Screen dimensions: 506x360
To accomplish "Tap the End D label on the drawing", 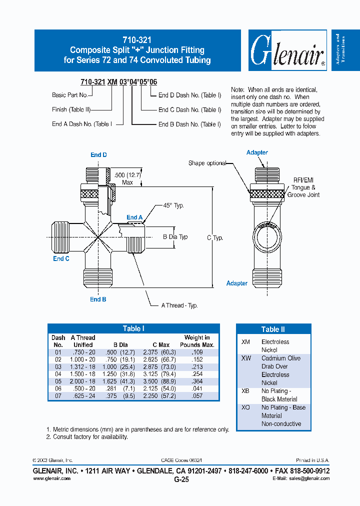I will [x=98, y=155].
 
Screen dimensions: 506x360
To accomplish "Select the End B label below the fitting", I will [x=98, y=299].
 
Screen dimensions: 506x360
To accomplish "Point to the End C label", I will [x=61, y=258].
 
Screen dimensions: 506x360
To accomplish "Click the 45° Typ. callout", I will [x=170, y=205].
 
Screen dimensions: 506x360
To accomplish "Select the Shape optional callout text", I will [x=207, y=163].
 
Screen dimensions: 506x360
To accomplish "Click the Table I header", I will [x=133, y=328].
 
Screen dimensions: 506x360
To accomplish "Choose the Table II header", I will [x=273, y=329].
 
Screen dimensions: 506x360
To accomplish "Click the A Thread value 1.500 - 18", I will [x=82, y=373].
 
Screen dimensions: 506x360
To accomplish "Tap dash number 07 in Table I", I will [x=57, y=395].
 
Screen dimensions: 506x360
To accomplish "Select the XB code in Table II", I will [x=245, y=391].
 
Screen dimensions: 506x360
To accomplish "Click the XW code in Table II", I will [x=246, y=358].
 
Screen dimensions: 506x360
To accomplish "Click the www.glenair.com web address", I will [x=51, y=478].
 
